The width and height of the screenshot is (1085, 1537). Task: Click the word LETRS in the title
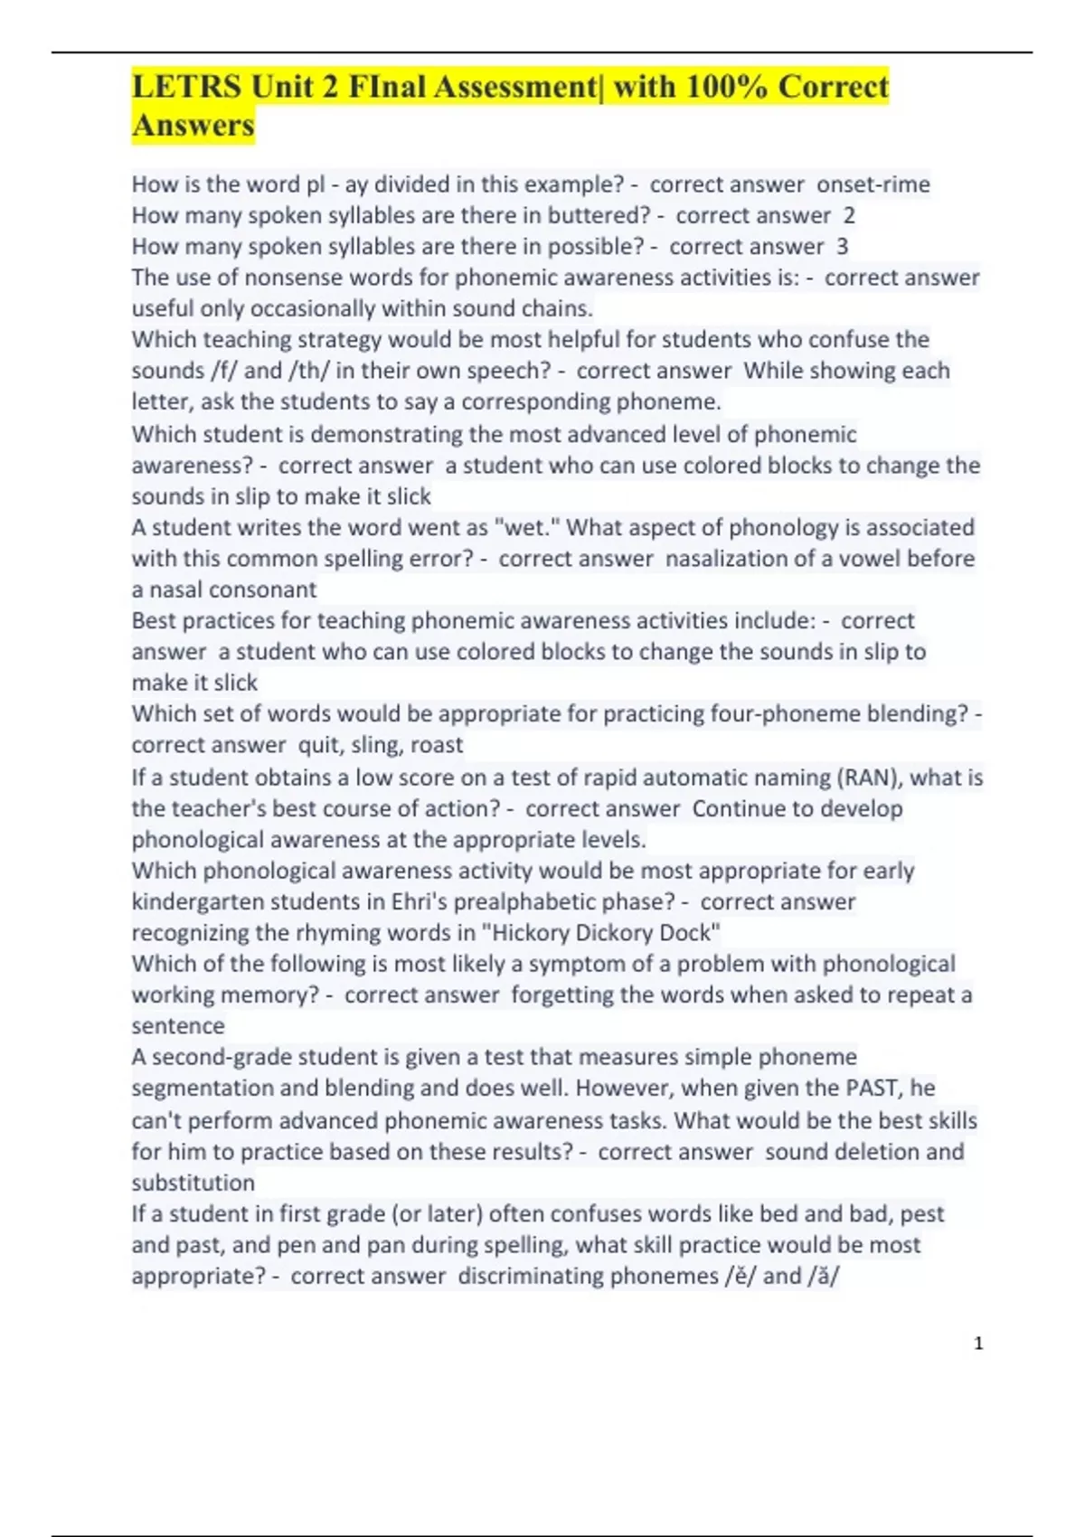186,87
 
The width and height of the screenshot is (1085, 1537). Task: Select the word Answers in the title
193,126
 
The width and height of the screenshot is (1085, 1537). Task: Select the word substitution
193,1183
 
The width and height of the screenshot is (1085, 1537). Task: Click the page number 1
978,1344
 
